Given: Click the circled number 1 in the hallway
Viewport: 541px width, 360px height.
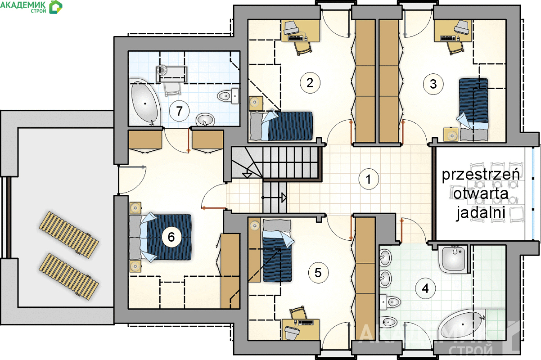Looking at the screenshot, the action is tap(368, 179).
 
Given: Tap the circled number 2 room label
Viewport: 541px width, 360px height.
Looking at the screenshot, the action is tap(310, 83).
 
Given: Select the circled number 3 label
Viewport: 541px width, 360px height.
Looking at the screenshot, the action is tap(433, 84).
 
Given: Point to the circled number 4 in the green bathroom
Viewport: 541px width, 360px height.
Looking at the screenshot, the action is tap(425, 288).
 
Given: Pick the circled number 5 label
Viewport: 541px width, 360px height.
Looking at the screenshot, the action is tap(318, 273).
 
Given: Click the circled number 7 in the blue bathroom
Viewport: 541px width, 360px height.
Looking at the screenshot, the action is tap(179, 111).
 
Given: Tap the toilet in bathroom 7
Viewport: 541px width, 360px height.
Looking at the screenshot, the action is tap(228, 95).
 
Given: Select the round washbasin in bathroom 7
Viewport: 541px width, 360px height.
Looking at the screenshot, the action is tap(205, 120).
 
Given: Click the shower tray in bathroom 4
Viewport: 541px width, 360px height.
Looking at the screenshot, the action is tap(454, 259).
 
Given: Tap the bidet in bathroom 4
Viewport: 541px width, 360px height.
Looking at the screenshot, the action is tap(388, 322).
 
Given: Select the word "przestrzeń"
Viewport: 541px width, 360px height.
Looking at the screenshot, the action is tap(481, 175).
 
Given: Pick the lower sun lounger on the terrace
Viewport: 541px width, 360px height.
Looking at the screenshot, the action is tap(69, 276).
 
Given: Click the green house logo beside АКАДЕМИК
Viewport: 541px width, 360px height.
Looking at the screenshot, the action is tap(56, 7).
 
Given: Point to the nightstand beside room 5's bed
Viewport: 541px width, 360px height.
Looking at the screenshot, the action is tap(254, 225).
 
